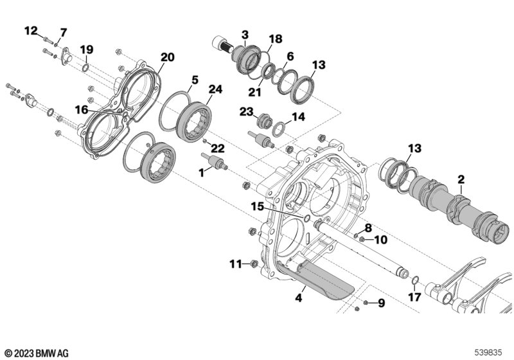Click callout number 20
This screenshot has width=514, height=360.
tap(167, 57)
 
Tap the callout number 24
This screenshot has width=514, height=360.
tap(215, 89)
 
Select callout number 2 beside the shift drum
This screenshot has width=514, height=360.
tap(461, 179)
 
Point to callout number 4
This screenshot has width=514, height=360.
tap(298, 298)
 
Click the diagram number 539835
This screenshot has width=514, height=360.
tap(488, 353)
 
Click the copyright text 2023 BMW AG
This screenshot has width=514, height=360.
tap(37, 354)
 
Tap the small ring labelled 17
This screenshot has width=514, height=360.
tap(414, 280)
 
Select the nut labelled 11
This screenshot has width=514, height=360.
tap(254, 264)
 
